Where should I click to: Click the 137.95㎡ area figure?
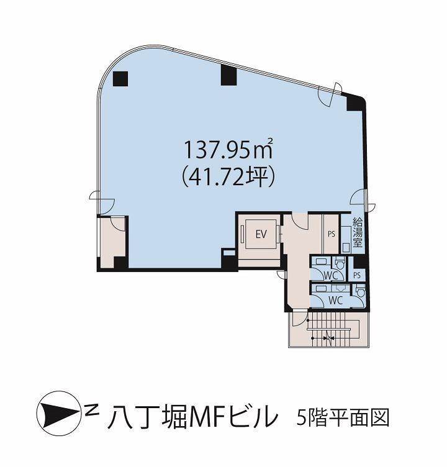coord(228,149)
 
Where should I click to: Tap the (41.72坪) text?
coord(228,178)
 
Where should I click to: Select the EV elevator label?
coord(261,234)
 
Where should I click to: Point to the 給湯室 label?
coord(358,232)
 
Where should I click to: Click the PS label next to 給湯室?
coord(332,234)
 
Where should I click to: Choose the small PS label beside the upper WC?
coord(357,275)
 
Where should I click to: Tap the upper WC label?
coord(331,275)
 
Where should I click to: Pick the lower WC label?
coord(336,300)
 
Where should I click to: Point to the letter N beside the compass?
coord(92,409)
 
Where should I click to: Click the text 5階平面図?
coord(343,417)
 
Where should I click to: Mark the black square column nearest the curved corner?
coord(120,79)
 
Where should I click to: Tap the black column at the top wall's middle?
coord(228,75)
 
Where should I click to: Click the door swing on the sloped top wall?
coord(330,94)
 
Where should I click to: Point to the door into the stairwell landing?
coord(300,319)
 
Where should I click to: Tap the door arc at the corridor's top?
coord(300,221)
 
